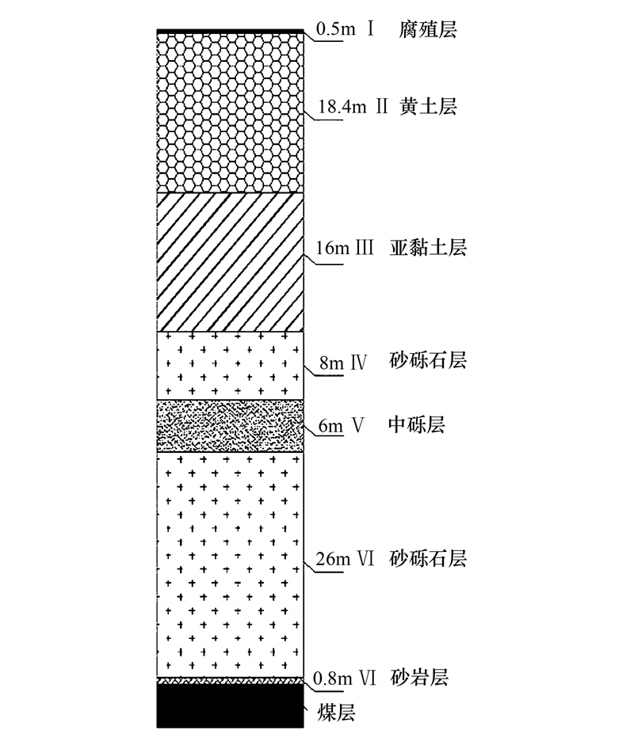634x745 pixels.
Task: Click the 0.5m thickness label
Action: point(336,29)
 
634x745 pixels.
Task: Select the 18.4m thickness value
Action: point(342,106)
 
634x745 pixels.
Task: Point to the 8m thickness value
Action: point(331,363)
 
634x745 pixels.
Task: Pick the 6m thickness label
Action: point(330,425)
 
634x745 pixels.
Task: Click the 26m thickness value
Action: point(334,559)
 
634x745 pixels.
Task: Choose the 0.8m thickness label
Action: point(333,678)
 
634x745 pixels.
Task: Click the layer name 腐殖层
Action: point(428,29)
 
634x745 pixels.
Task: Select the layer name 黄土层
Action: point(428,106)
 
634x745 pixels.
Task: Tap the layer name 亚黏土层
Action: point(428,248)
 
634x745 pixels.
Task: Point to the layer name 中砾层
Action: point(417,425)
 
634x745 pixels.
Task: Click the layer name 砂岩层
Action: point(419,678)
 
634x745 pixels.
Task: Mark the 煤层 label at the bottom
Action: point(336,713)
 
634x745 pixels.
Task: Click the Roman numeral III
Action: point(364,248)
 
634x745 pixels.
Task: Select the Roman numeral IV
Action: point(359,363)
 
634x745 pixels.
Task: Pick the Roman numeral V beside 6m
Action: point(357,425)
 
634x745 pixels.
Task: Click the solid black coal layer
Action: point(230,706)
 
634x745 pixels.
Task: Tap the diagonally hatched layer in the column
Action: point(230,262)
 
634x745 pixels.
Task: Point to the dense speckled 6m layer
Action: point(230,426)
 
